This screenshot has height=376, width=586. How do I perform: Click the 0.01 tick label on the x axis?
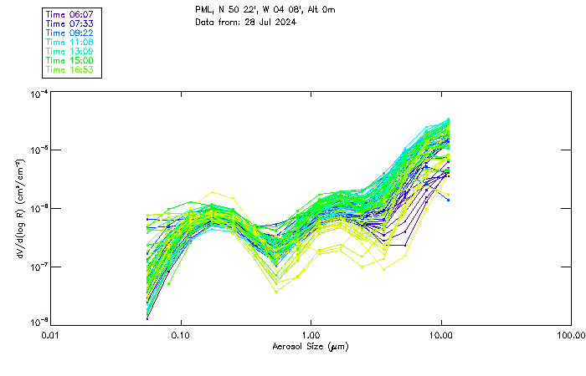(x=51, y=334)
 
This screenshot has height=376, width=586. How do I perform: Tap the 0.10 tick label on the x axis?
(x=181, y=334)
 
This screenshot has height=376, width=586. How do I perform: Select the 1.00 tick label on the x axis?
(x=311, y=334)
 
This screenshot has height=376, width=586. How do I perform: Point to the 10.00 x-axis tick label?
(x=441, y=334)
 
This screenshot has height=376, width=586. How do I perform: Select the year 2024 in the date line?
(x=285, y=22)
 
